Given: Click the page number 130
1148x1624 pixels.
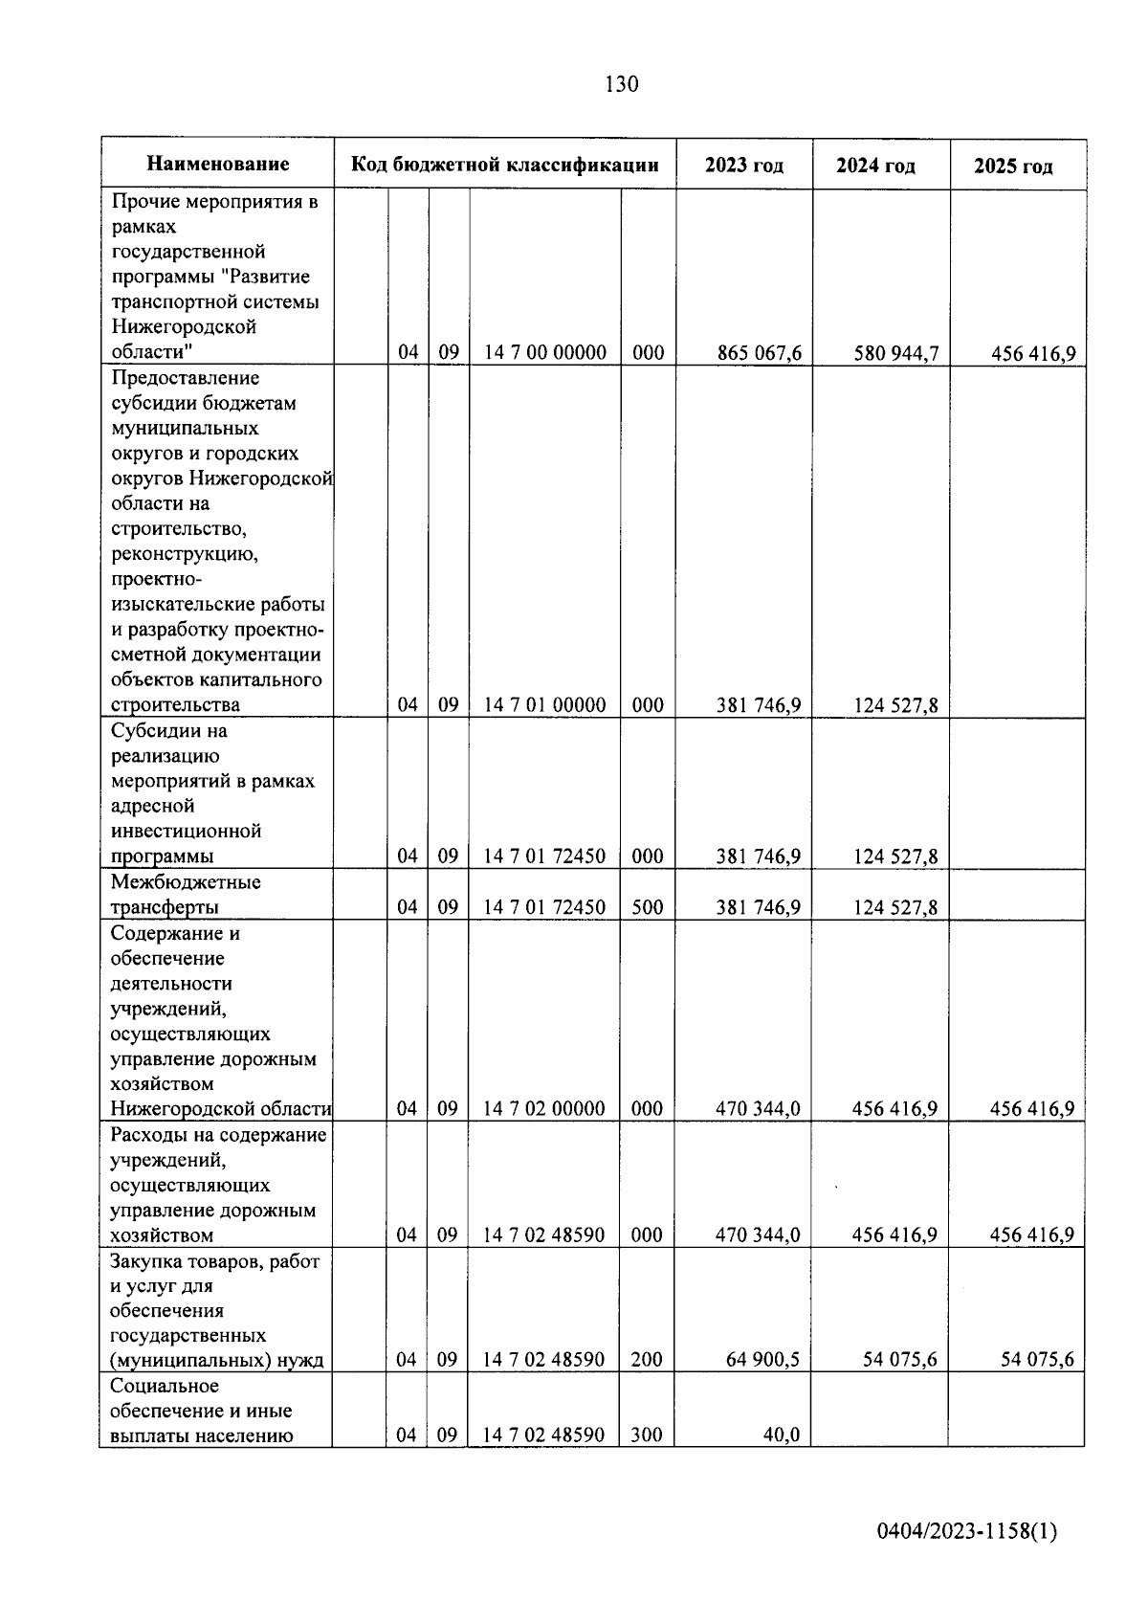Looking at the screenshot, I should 622,84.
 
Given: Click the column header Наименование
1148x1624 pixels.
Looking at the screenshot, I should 218,164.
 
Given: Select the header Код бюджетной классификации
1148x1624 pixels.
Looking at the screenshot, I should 505,164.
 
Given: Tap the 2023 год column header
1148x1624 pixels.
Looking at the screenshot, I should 744,165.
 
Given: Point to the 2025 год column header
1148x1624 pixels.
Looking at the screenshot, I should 1014,166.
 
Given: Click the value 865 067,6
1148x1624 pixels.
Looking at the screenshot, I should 760,353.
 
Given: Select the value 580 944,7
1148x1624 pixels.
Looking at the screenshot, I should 896,353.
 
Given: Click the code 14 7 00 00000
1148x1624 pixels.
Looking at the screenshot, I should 545,352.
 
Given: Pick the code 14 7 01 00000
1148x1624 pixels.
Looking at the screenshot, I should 545,705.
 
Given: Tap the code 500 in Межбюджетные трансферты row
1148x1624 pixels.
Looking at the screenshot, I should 648,907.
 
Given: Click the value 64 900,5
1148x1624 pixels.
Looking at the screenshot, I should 763,1360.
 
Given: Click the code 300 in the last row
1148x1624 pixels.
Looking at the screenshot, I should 648,1435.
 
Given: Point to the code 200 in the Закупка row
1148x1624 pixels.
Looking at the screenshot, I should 648,1360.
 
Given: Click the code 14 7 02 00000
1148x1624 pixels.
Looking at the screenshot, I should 544,1109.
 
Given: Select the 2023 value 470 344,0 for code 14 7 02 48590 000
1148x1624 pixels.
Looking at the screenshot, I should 759,1235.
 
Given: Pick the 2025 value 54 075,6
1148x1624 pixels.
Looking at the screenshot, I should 1037,1360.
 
